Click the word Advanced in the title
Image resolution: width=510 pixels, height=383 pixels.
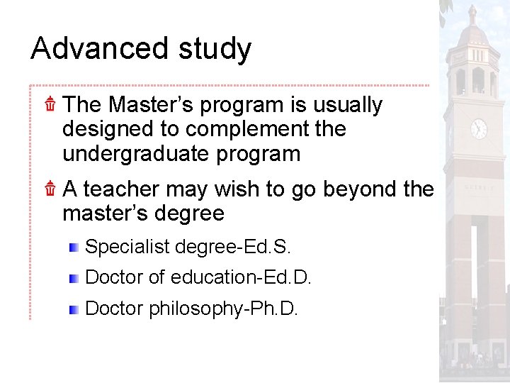(x=99, y=49)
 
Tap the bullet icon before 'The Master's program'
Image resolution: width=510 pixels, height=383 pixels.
(x=50, y=105)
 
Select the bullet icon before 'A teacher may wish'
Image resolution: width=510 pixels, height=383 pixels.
(x=50, y=189)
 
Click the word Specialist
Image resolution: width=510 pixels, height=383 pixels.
(x=127, y=248)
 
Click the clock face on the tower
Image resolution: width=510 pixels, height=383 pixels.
(x=480, y=128)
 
